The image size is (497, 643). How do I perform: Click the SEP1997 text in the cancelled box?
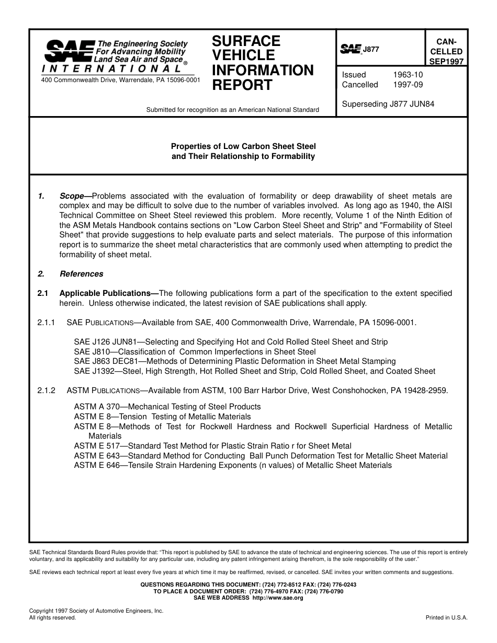tap(446, 61)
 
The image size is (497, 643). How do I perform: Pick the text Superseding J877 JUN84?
tap(388, 104)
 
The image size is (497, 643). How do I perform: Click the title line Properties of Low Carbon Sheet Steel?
tap(243, 146)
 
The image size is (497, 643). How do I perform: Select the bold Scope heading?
tap(72, 196)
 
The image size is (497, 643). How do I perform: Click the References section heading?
tap(81, 274)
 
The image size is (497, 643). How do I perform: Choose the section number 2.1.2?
tap(46, 391)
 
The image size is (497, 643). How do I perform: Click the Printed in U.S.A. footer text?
tap(446, 617)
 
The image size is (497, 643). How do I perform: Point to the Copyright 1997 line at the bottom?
tap(96, 611)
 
